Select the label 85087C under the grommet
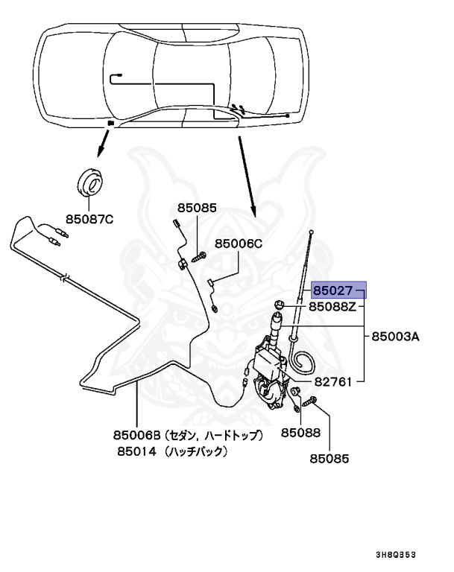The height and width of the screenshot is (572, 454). pos(89,219)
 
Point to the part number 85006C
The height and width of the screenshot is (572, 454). pos(239,244)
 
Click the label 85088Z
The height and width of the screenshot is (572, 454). pos(335,306)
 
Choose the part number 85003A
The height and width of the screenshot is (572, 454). pos(396,337)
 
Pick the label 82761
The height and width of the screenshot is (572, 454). pos(333,381)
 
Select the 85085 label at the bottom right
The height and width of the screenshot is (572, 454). pos(329,460)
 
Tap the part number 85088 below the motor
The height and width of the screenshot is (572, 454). pos(300,432)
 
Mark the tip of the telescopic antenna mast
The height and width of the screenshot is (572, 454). pos(310,233)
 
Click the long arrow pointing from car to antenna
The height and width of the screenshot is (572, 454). pos(247,172)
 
